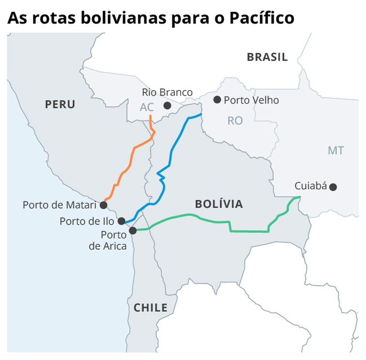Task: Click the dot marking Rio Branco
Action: pyautogui.click(x=167, y=106)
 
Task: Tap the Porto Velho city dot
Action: pyautogui.click(x=217, y=100)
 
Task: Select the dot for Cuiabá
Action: pyautogui.click(x=333, y=187)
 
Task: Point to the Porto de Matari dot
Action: pyautogui.click(x=103, y=205)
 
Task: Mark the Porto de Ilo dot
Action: pyautogui.click(x=121, y=221)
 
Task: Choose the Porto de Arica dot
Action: pyautogui.click(x=132, y=231)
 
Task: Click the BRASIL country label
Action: pyautogui.click(x=267, y=57)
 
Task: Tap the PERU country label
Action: pyautogui.click(x=60, y=104)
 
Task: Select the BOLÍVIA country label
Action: pyautogui.click(x=219, y=204)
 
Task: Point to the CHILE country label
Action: pyautogui.click(x=150, y=308)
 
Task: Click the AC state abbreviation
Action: pyautogui.click(x=147, y=107)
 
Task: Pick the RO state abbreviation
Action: pyautogui.click(x=235, y=120)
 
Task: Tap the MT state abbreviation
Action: pyautogui.click(x=335, y=150)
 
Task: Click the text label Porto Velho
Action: pyautogui.click(x=251, y=100)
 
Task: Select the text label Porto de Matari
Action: pyautogui.click(x=60, y=205)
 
